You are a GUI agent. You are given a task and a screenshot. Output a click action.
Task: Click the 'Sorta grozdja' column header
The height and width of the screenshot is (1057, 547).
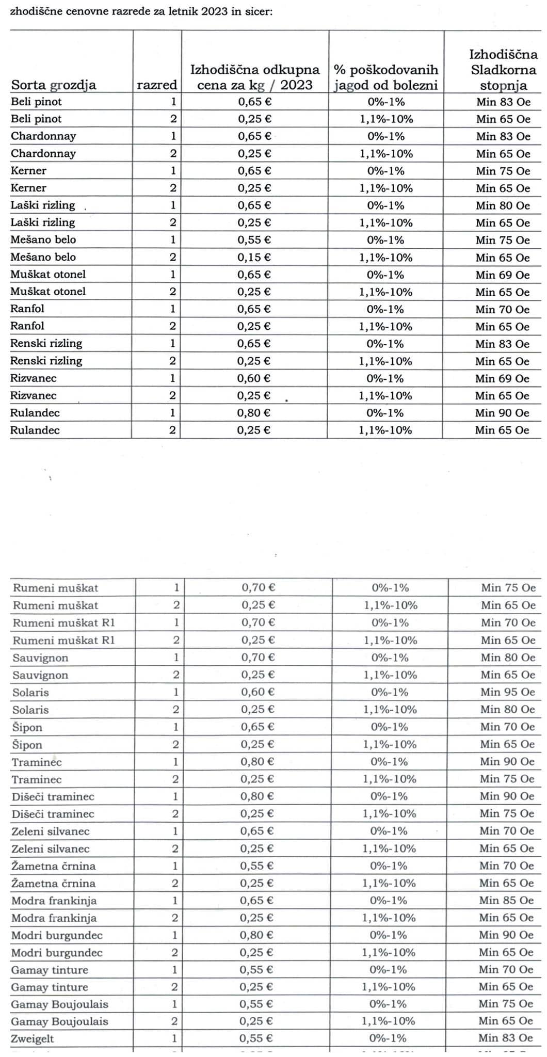(54, 85)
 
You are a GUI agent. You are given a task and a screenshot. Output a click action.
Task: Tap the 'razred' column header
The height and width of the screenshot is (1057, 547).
(157, 85)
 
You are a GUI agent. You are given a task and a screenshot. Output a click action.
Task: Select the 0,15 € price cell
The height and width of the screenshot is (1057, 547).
(254, 257)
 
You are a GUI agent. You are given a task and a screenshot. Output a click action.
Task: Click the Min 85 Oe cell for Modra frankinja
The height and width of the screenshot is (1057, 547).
(506, 901)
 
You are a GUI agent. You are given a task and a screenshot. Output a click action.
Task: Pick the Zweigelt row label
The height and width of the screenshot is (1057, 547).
(33, 1039)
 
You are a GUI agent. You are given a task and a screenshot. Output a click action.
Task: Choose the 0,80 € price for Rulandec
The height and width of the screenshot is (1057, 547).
(254, 413)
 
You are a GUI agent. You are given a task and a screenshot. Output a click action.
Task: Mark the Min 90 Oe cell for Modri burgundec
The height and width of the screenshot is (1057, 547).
(506, 935)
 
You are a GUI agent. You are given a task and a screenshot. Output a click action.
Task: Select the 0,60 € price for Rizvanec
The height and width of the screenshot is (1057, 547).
(254, 378)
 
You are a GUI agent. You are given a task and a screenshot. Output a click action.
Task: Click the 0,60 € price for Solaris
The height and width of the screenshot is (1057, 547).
(258, 692)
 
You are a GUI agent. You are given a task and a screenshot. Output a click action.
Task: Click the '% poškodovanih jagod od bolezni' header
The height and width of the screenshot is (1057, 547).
(386, 77)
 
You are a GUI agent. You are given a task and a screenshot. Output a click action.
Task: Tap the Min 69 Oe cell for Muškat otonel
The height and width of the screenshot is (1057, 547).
(503, 275)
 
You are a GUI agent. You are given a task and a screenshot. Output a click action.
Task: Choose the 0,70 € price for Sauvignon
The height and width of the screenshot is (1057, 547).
(258, 658)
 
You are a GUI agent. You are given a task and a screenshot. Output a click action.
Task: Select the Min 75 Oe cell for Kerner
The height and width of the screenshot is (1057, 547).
(503, 171)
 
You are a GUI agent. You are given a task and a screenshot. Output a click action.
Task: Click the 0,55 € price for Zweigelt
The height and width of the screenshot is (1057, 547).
(256, 1039)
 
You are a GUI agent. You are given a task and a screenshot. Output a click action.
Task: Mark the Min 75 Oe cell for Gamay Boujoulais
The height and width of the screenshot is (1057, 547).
(506, 1004)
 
